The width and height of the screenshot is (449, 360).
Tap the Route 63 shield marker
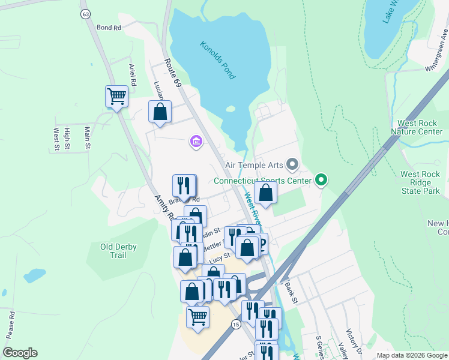86,13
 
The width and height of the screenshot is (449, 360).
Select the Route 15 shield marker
236,324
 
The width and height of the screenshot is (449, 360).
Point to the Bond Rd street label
109,28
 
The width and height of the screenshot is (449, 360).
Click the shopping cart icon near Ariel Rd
116,96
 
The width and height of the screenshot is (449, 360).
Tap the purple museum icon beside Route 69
196,142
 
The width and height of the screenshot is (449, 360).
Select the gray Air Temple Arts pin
292,164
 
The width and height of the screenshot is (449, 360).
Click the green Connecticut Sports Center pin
321,180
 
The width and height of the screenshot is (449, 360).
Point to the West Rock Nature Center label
420,127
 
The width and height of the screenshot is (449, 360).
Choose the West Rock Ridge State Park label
420,183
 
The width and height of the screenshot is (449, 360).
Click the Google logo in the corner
20,353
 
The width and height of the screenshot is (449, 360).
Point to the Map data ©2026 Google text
411,355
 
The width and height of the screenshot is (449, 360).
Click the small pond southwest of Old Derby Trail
35,275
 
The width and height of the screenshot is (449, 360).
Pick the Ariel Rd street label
133,74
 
